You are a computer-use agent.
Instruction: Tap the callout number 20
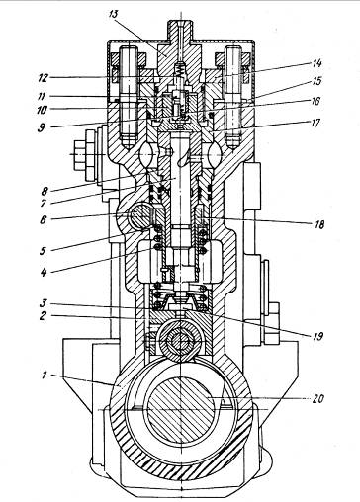[318, 399]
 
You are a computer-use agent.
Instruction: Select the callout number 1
[45, 375]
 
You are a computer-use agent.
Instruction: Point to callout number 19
[315, 336]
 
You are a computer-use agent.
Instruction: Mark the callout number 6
[44, 219]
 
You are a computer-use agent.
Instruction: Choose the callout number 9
[42, 127]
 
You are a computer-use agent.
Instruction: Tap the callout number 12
[43, 78]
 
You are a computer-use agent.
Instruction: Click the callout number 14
[315, 63]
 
